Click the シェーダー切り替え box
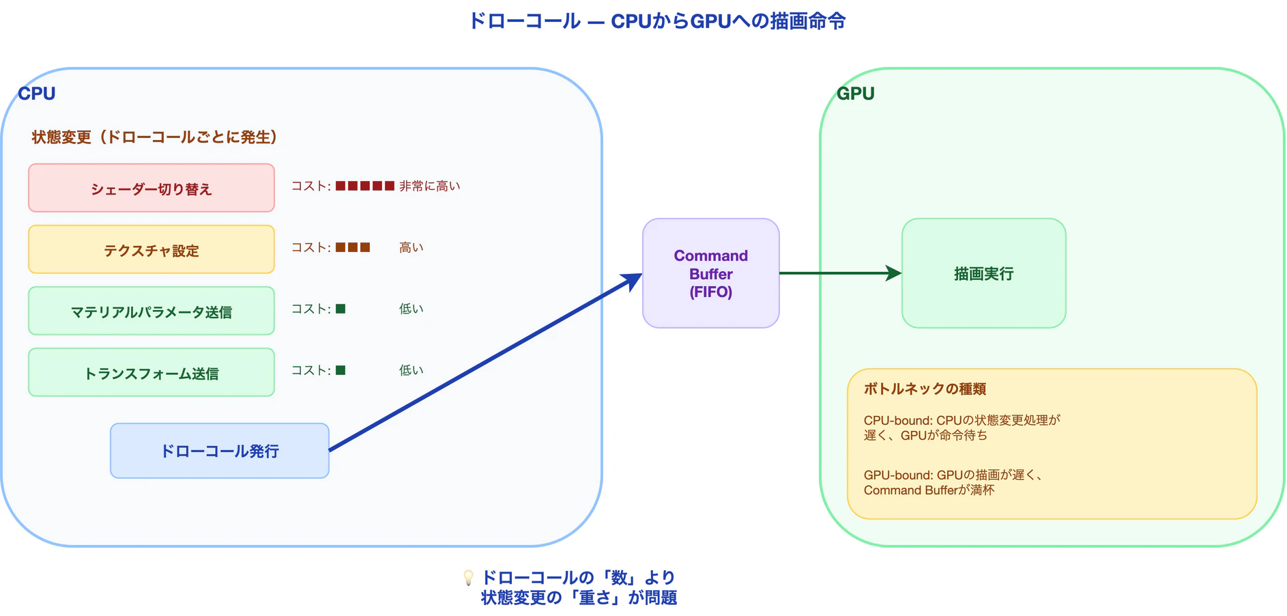point(151,188)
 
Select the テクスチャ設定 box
point(151,249)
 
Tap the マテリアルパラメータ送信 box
point(151,311)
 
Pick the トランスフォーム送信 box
point(151,372)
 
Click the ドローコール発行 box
point(219,451)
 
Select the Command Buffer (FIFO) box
point(710,273)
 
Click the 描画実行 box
point(983,273)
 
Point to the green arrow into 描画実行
point(839,273)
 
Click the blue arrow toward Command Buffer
point(485,363)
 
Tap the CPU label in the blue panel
point(37,94)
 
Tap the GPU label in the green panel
point(855,94)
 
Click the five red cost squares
point(365,186)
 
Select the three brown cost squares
point(353,247)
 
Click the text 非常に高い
point(430,186)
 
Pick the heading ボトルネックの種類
point(925,389)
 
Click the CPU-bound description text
point(961,428)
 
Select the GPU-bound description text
point(952,482)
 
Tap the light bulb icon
point(468,578)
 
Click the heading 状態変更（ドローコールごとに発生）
point(154,137)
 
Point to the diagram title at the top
point(657,21)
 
